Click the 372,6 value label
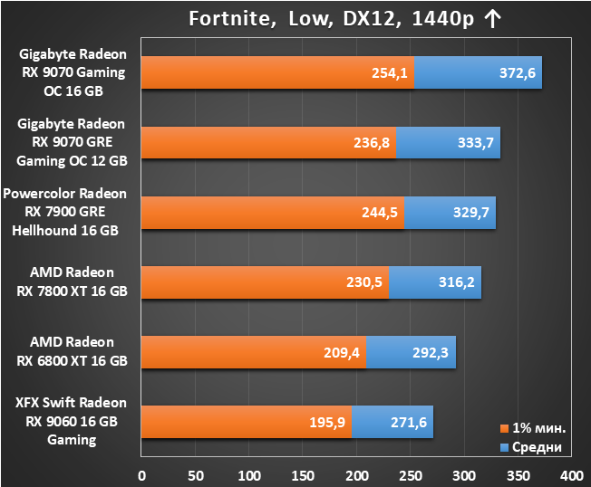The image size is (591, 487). pos(517,73)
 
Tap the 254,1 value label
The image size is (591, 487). pos(390,73)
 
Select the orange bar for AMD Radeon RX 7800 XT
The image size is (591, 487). pos(265,282)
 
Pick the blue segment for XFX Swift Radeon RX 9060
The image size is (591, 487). pos(392,422)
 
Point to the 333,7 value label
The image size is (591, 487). pos(475,143)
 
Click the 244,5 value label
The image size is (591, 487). pos(380,213)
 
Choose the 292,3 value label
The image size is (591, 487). pos(430,353)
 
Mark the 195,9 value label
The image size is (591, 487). pos(327,422)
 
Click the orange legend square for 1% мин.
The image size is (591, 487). pos(504,428)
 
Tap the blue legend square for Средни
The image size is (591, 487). pos(504,447)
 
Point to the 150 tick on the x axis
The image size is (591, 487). pos(303,476)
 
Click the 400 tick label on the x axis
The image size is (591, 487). pos(571,476)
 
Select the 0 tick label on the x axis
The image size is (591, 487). pos(141,476)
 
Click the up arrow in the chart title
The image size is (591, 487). pos(492,19)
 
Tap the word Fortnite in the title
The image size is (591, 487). pos(233,19)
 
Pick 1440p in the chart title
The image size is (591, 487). pos(443,19)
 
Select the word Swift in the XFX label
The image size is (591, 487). pos(58,403)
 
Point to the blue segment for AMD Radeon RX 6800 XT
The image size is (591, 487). pos(411,352)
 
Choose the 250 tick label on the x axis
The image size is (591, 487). pos(411,476)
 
